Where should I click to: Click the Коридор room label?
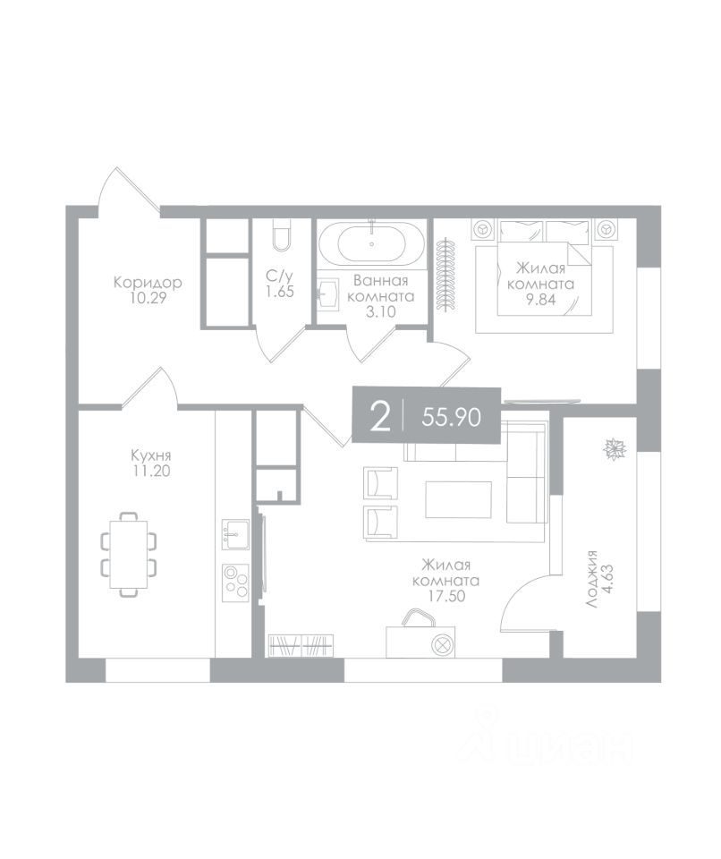[x=148, y=283]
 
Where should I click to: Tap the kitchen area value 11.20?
[x=150, y=471]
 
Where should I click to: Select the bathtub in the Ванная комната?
[x=372, y=244]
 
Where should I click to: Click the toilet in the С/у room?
[x=281, y=234]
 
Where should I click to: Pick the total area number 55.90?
[x=452, y=418]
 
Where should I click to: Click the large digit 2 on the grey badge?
[x=380, y=416]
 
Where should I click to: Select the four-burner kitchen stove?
[x=235, y=583]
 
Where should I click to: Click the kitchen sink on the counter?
[x=235, y=534]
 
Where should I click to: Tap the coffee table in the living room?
[x=459, y=499]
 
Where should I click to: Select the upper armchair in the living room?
[x=381, y=482]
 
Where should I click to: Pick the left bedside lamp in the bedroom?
[x=483, y=228]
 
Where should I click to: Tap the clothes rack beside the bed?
[x=447, y=276]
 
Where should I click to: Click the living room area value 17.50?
[x=446, y=596]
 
